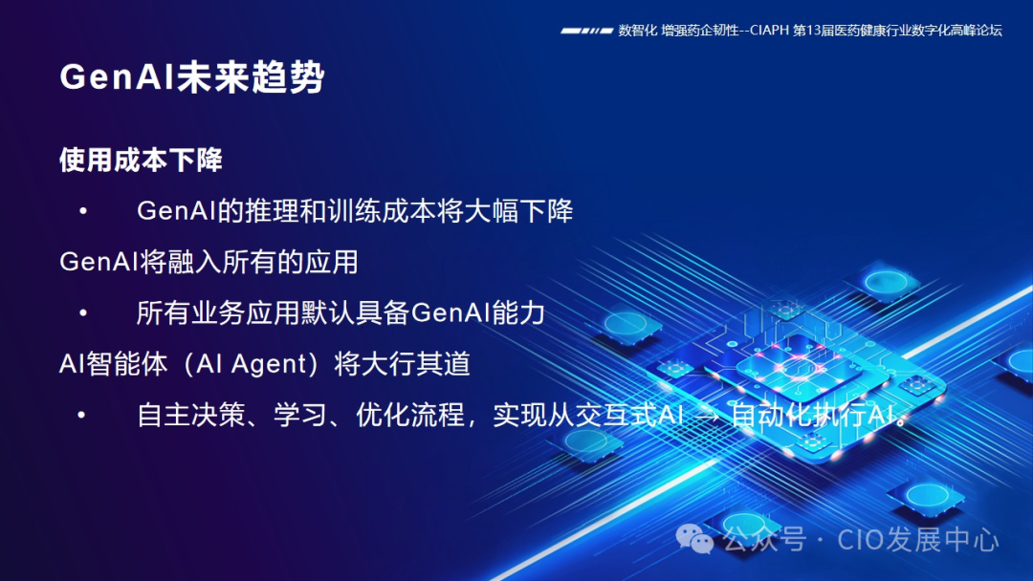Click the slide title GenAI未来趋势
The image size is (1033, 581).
(191, 77)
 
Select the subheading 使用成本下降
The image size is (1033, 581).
(141, 160)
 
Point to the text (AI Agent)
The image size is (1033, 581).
(254, 364)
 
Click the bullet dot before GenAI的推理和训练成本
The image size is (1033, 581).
(83, 210)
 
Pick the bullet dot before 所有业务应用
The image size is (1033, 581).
(83, 312)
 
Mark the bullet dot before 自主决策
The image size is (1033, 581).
(83, 416)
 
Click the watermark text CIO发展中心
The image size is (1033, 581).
(918, 540)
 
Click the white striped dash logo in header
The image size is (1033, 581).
(586, 31)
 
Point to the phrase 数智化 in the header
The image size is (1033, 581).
(637, 31)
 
